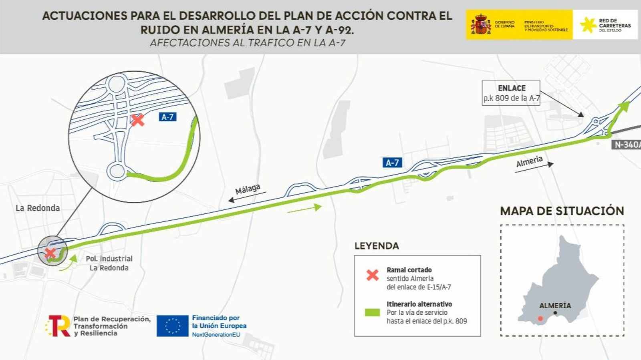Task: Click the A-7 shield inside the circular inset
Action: [167, 117]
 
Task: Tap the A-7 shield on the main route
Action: [392, 163]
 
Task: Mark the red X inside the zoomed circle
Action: [137, 120]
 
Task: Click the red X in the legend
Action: [373, 275]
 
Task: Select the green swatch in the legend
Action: [372, 312]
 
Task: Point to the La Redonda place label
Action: [38, 208]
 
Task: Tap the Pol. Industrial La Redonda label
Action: [109, 263]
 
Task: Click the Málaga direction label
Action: [248, 189]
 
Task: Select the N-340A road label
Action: [627, 145]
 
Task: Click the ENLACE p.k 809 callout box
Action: [511, 93]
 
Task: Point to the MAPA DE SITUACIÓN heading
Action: [562, 211]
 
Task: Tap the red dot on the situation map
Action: [540, 318]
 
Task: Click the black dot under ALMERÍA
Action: [555, 313]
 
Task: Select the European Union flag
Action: [172, 326]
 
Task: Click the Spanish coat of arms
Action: [481, 24]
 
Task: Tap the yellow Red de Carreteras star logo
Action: [588, 25]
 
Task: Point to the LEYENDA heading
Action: [377, 246]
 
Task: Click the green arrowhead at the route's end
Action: [624, 105]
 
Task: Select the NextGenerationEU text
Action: [216, 334]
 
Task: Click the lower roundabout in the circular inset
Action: [117, 171]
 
